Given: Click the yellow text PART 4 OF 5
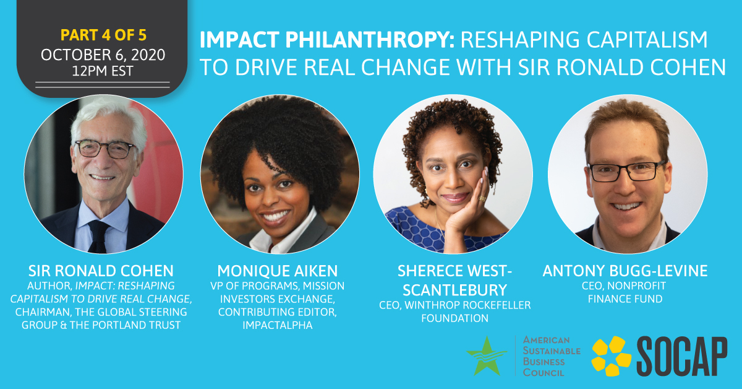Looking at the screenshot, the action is tap(103, 35).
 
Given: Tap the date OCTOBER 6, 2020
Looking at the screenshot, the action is tap(103, 55).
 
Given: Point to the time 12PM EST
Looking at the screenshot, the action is tap(103, 71).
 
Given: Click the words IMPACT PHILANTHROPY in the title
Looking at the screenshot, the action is tap(326, 40).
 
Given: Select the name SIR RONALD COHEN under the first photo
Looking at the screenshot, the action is tap(101, 271).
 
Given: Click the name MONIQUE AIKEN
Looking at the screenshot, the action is tap(278, 271).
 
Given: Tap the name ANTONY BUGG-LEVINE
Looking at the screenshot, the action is tap(625, 271).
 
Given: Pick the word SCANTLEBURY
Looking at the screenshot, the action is tap(455, 290).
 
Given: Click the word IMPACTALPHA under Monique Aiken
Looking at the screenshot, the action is tap(278, 325).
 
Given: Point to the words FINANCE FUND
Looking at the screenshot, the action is tap(625, 299).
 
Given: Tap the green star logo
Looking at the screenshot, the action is tap(486, 356).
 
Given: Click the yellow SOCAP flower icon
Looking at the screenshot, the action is tap(612, 356).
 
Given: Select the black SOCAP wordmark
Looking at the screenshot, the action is tap(682, 356).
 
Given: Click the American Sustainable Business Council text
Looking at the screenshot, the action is tap(552, 356).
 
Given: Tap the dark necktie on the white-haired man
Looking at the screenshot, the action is tap(98, 237).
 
